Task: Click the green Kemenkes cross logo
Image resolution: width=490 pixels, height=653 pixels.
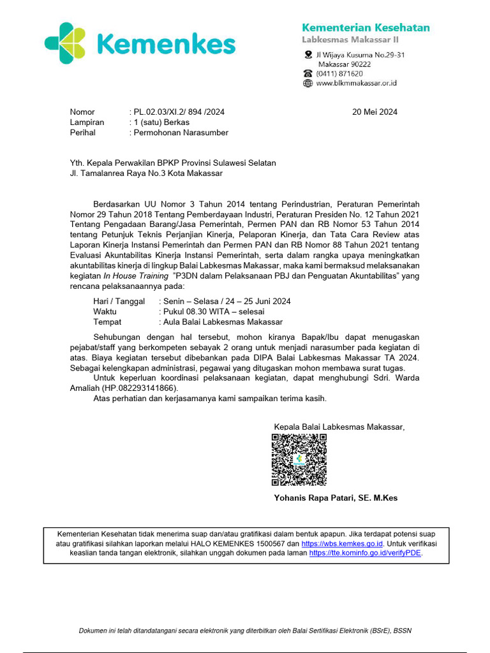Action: coord(64,43)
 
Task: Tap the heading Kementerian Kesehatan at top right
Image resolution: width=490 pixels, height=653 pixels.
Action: coord(365,27)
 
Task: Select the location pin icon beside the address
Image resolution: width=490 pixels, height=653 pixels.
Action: coord(308,55)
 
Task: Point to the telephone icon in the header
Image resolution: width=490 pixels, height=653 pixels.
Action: coord(308,73)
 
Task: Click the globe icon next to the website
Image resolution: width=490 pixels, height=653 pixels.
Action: coord(308,83)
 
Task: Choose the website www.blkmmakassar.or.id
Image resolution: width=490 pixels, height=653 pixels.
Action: coord(357,83)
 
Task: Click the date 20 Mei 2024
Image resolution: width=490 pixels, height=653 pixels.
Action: coord(375,112)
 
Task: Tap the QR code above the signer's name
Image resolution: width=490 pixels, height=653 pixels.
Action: coord(299,460)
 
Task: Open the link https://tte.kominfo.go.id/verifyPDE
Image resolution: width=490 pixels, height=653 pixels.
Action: coord(366,554)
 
